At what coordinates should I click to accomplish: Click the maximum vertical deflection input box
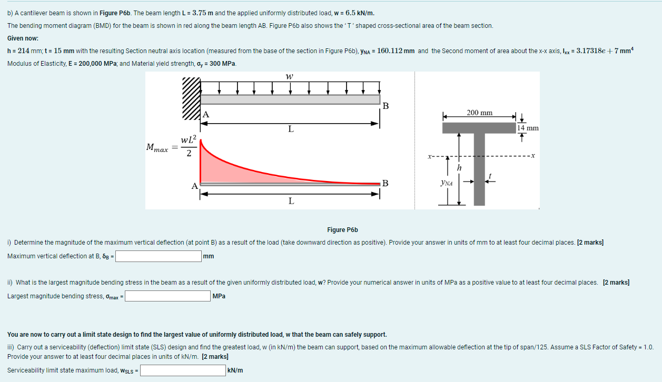(x=159, y=257)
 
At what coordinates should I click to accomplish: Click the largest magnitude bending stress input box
(x=167, y=296)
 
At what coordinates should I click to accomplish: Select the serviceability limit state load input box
(x=183, y=370)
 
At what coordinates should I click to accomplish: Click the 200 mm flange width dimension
(x=479, y=113)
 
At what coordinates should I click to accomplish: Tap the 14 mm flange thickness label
(x=528, y=128)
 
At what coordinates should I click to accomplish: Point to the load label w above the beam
(x=289, y=76)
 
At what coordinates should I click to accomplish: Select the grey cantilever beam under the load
(x=290, y=99)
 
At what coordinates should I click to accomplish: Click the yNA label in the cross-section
(x=447, y=183)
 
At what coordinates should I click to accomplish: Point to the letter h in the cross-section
(x=459, y=167)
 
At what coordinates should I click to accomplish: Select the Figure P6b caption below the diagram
(x=342, y=230)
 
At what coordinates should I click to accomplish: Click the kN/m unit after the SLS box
(x=235, y=370)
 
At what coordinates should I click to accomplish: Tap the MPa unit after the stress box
(x=219, y=296)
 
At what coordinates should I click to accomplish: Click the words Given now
(x=23, y=38)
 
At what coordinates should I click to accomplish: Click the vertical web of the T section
(x=479, y=168)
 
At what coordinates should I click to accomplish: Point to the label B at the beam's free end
(x=386, y=106)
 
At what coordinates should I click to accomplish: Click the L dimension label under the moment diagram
(x=290, y=201)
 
